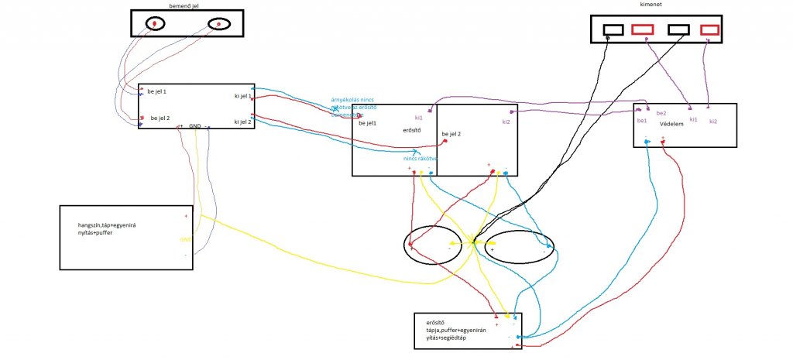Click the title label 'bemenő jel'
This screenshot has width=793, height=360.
(186, 5)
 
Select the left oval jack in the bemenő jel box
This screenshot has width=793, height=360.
(155, 25)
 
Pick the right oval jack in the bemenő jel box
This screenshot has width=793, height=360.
(219, 25)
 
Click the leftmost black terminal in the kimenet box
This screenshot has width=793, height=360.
(613, 29)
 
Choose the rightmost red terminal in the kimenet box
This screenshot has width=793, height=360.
(709, 29)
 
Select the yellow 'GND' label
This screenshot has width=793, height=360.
(186, 240)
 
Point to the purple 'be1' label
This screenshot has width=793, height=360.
(641, 121)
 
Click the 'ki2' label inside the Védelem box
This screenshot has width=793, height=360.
(713, 121)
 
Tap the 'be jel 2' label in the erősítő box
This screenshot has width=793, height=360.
(451, 135)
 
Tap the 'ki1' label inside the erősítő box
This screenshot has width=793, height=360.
(419, 118)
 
